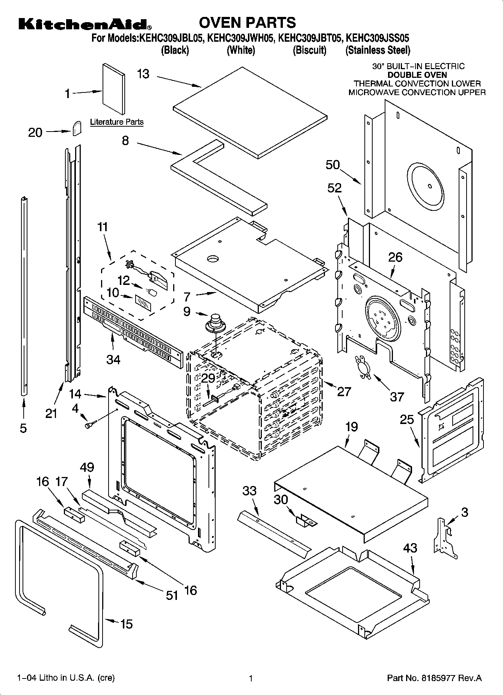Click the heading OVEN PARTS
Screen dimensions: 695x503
point(247,23)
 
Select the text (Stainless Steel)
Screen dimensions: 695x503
point(378,50)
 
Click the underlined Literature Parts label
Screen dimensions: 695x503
point(116,122)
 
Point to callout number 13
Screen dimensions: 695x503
point(143,74)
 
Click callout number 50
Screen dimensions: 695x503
point(332,165)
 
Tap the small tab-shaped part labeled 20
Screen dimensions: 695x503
point(77,129)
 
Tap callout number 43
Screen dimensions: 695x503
point(410,548)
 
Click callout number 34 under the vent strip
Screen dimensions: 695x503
point(113,360)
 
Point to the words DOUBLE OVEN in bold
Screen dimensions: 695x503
point(417,75)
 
